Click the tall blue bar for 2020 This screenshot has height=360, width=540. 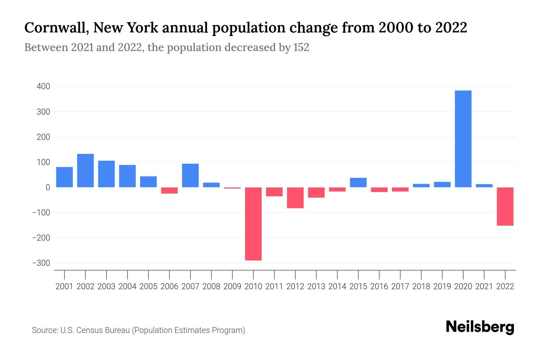pyautogui.click(x=463, y=139)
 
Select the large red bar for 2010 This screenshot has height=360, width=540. pyautogui.click(x=253, y=224)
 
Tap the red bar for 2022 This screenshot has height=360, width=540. pyautogui.click(x=505, y=206)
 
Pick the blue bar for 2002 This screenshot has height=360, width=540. pyautogui.click(x=85, y=171)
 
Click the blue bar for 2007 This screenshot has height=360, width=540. pyautogui.click(x=190, y=175)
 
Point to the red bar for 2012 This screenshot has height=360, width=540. pyautogui.click(x=295, y=198)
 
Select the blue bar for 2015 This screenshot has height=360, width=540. pyautogui.click(x=358, y=183)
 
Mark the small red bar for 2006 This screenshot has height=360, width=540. pyautogui.click(x=169, y=190)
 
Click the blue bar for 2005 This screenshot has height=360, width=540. pyautogui.click(x=148, y=182)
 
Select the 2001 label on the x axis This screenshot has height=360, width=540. pyautogui.click(x=64, y=286)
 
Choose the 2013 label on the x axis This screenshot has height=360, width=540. pyautogui.click(x=316, y=286)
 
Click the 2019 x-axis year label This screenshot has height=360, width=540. pyautogui.click(x=442, y=286)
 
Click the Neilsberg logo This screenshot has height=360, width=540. pyautogui.click(x=480, y=327)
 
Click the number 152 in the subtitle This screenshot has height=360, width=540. pyautogui.click(x=301, y=48)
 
